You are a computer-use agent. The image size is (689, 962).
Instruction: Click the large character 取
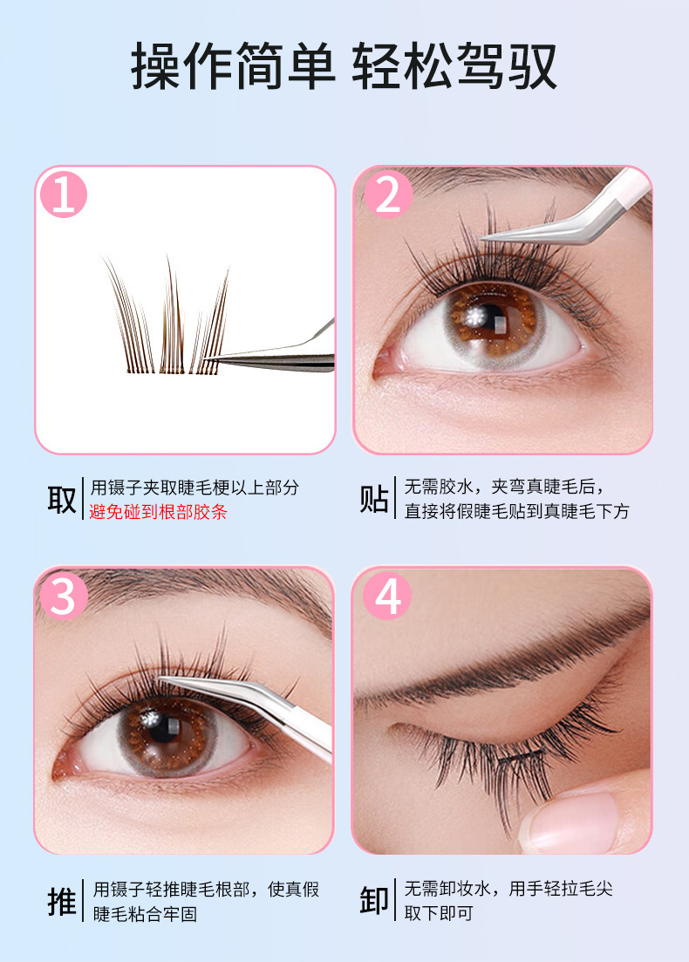coord(62,499)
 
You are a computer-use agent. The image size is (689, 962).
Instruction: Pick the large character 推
coord(62,901)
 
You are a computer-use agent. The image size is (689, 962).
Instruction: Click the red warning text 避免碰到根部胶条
coord(158,512)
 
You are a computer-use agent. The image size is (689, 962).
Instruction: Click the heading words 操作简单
coord(233,66)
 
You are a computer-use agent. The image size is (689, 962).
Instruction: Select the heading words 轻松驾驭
coord(454,66)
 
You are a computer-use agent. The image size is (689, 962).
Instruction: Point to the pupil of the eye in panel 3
coord(165,729)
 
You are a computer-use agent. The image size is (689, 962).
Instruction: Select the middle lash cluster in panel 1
coord(172,315)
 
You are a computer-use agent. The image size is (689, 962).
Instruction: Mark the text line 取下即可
coord(439,913)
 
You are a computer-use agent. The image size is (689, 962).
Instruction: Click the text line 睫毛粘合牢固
coord(146,914)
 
